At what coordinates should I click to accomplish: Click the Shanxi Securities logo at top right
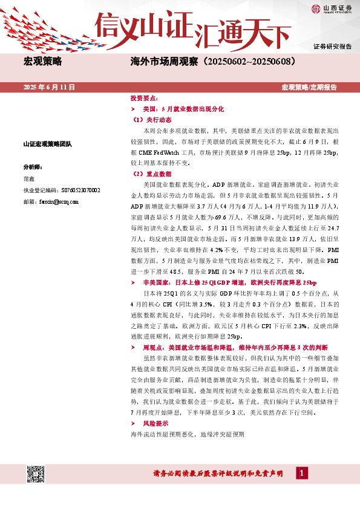(x=332, y=8)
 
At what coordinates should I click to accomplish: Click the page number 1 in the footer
(x=301, y=473)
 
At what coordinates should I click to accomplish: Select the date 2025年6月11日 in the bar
(x=49, y=87)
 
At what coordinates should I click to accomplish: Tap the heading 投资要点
(x=145, y=98)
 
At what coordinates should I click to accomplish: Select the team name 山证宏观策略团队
(x=47, y=144)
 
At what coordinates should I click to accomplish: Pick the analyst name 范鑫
(x=30, y=179)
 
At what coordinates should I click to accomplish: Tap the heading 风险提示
(x=156, y=424)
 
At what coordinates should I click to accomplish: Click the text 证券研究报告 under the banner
(x=332, y=47)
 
